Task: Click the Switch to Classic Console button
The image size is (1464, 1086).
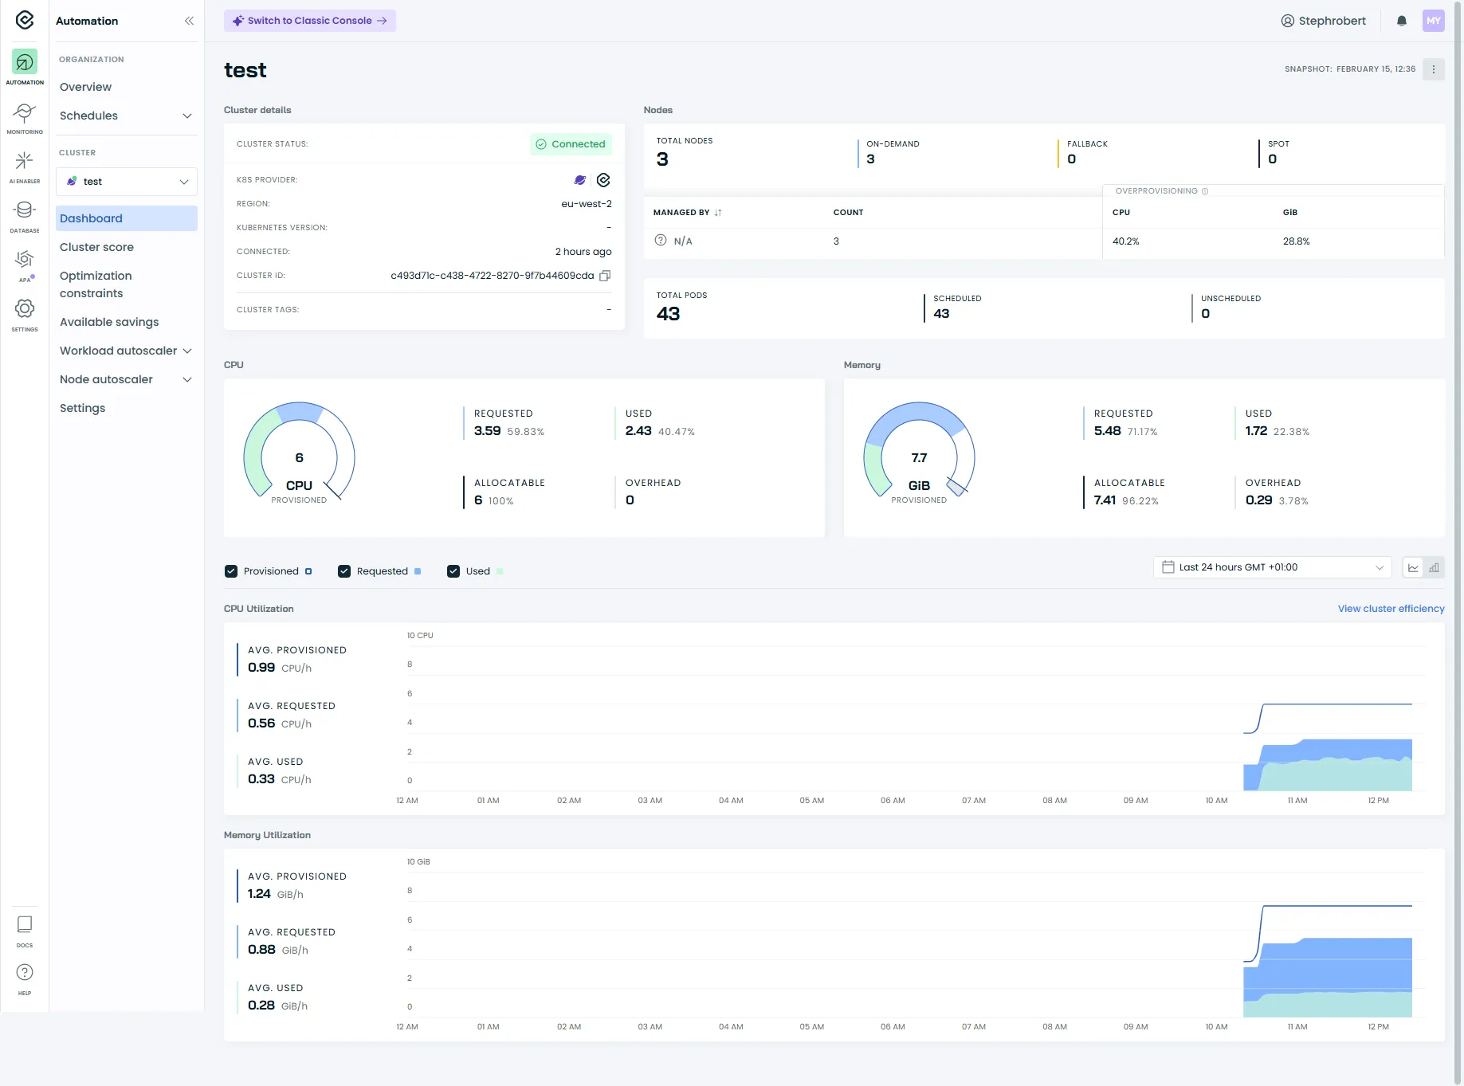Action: (x=309, y=21)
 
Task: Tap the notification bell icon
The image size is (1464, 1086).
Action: (x=1401, y=21)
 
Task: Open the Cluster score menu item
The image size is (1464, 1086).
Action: (x=96, y=247)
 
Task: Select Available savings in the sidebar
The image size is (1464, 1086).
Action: (x=109, y=322)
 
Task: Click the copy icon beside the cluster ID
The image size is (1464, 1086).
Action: (x=605, y=276)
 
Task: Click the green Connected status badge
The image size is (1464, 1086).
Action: (x=571, y=144)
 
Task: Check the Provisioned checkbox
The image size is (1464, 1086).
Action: (x=231, y=571)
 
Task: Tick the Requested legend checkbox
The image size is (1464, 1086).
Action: (x=344, y=571)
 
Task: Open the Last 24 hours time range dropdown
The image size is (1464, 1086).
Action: (x=1272, y=567)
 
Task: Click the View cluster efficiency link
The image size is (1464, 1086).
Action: (x=1391, y=609)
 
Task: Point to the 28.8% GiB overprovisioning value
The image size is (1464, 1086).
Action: (x=1296, y=241)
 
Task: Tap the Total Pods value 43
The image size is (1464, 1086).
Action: (x=668, y=314)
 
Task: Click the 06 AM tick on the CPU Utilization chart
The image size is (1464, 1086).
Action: (x=893, y=801)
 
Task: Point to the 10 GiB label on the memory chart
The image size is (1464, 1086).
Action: (x=418, y=862)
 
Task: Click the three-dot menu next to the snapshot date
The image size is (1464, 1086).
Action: (x=1433, y=69)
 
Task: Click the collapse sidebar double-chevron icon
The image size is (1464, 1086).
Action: (x=189, y=21)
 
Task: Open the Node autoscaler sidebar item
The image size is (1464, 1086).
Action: (x=106, y=379)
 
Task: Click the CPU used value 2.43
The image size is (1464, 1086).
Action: (x=638, y=431)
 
